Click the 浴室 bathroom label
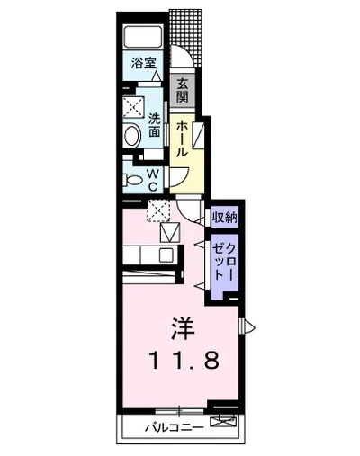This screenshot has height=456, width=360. (x=143, y=65)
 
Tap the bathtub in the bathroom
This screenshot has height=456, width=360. (x=143, y=38)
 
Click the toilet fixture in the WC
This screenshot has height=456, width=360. (x=133, y=178)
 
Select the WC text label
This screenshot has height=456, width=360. (x=153, y=177)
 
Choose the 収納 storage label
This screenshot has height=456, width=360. (x=224, y=217)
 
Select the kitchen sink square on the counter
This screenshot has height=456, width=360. (x=166, y=255)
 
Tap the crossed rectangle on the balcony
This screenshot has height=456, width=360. (x=220, y=421)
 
